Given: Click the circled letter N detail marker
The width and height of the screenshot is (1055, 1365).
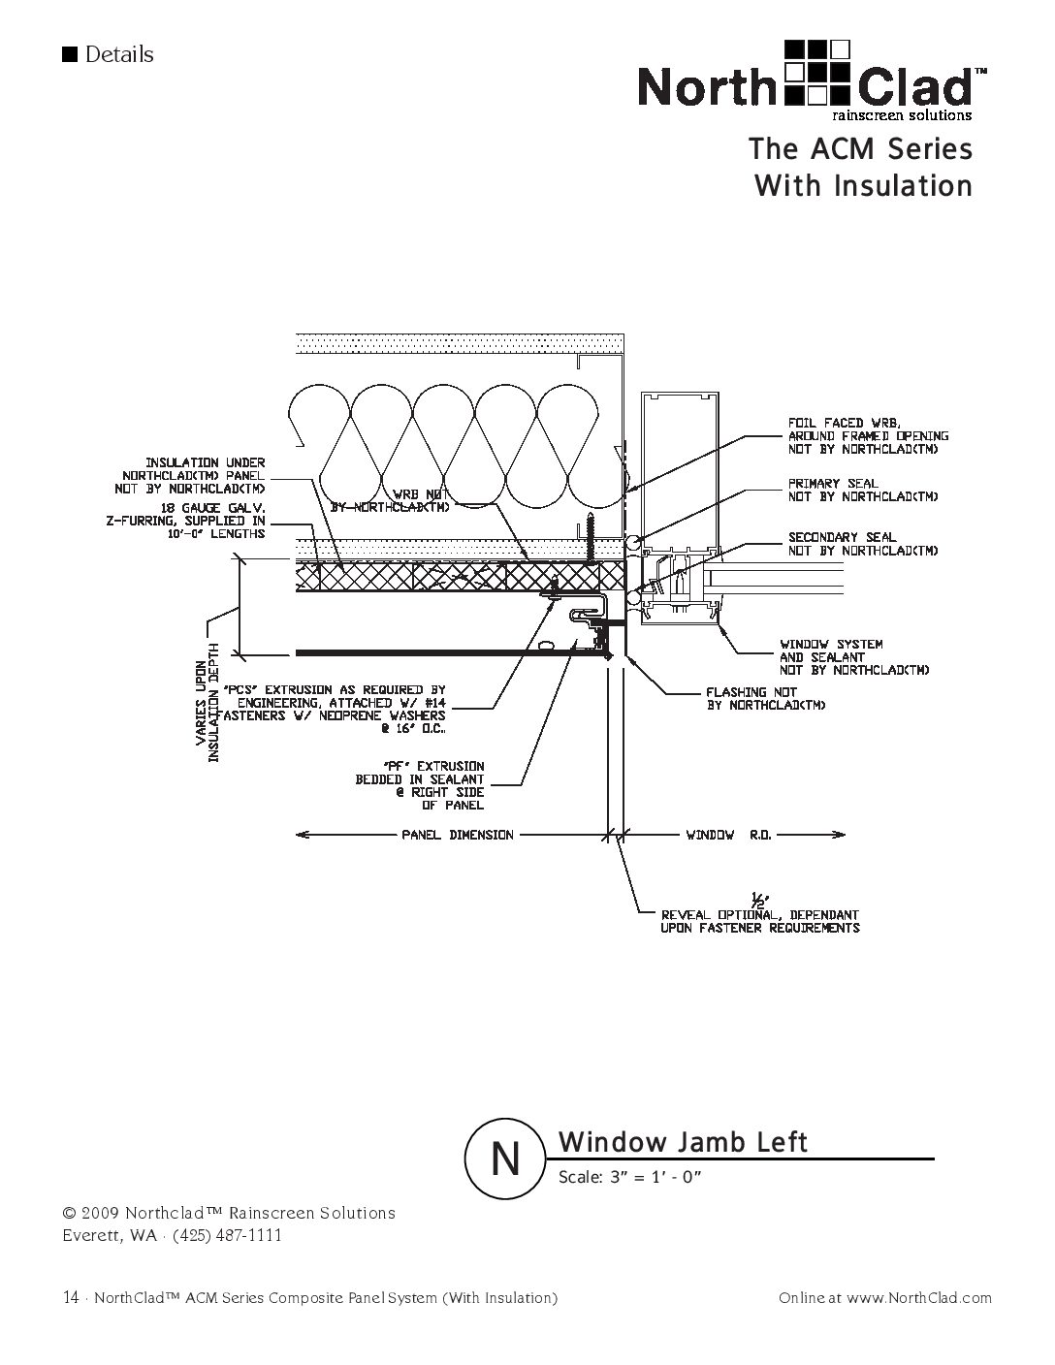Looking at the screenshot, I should [504, 1159].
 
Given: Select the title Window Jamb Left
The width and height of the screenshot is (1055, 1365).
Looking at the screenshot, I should [683, 1142].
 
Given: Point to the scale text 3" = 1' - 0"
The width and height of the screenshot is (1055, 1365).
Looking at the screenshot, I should [629, 1178].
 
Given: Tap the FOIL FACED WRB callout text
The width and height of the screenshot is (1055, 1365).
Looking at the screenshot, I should [867, 435].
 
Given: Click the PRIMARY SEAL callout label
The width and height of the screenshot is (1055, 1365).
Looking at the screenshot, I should [862, 490].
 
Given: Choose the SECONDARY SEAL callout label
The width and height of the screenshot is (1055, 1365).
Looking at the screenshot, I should [862, 543].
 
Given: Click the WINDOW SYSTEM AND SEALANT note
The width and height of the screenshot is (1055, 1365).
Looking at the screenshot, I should [854, 656].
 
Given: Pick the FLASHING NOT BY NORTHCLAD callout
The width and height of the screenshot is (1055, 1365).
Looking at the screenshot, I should [765, 699].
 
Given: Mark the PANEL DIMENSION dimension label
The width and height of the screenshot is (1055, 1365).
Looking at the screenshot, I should [458, 835].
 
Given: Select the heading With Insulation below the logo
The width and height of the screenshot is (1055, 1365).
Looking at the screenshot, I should [863, 185].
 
